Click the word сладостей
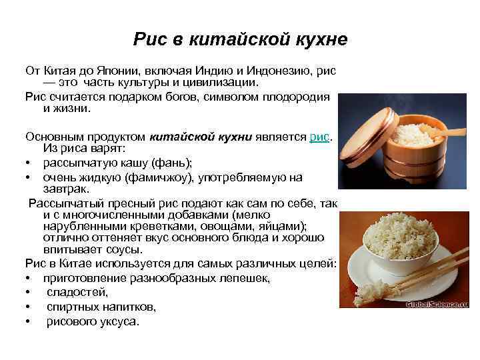pyautogui.click(x=77, y=292)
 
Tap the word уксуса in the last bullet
pyautogui.click(x=117, y=321)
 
